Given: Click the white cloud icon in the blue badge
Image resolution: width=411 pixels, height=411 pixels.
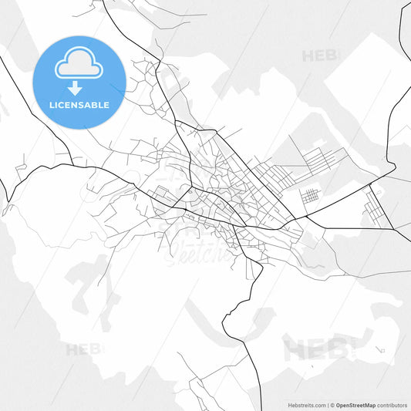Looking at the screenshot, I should click(x=79, y=67).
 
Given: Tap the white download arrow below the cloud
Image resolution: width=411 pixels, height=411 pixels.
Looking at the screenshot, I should click(x=79, y=87).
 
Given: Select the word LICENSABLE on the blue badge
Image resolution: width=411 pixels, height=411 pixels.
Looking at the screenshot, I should click(x=79, y=105).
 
